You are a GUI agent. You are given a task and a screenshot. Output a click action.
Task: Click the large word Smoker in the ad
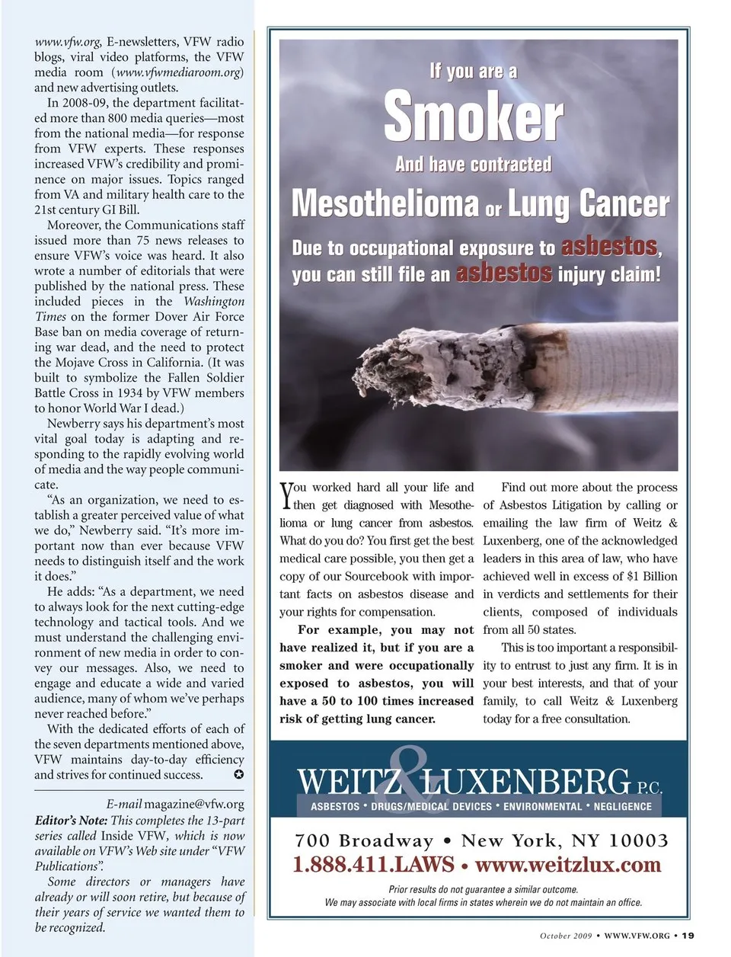pos(473,117)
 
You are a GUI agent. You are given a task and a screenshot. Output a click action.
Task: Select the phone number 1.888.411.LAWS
pos(373,865)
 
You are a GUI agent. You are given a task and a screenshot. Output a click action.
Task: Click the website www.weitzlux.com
pos(567,865)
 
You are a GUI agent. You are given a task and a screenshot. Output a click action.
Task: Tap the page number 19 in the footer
pos(688,936)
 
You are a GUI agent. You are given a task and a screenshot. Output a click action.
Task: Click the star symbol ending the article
pos(238,775)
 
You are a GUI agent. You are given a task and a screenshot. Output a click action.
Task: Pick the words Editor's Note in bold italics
pos(71,821)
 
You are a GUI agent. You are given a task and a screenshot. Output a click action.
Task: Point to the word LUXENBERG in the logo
pos(525,783)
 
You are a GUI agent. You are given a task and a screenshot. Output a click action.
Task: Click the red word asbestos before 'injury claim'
pos(503,274)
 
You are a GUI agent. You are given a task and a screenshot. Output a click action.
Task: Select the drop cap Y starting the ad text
pos(286,496)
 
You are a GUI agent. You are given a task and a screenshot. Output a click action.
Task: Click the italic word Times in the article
pos(50,317)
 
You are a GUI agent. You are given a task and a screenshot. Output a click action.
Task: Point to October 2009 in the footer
pos(565,936)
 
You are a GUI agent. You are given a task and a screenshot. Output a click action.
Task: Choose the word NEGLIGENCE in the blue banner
pos(622,806)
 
